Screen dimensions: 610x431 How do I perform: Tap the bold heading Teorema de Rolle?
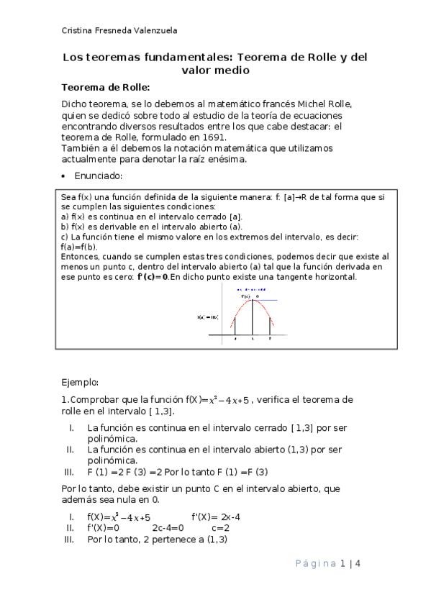(x=105, y=87)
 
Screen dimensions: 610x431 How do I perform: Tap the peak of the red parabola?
(x=252, y=299)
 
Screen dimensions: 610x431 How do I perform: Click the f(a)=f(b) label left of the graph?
(x=207, y=317)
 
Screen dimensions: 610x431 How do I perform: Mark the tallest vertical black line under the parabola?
(x=252, y=317)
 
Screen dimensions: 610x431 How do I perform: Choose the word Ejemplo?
(x=80, y=383)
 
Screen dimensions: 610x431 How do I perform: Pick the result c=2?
(x=220, y=527)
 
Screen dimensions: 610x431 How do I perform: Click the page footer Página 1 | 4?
(x=327, y=563)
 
